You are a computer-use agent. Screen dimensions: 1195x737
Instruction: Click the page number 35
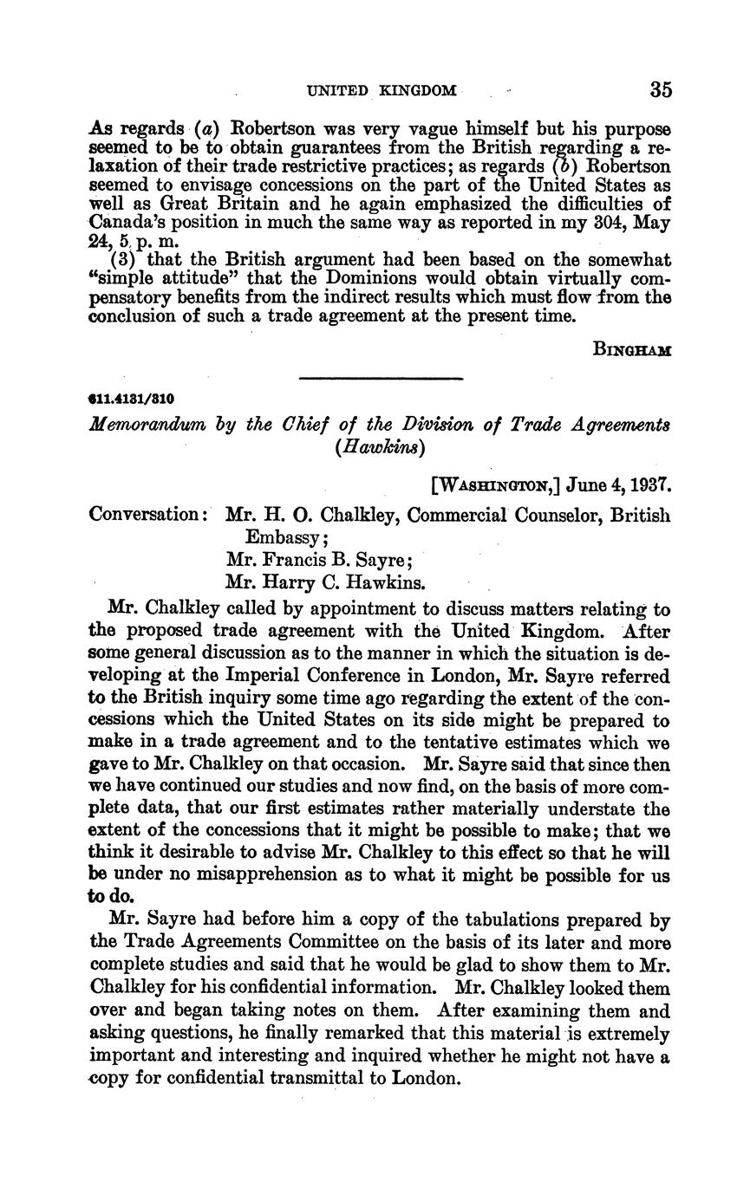click(x=660, y=90)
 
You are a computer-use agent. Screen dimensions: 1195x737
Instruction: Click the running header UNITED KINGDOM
click(x=382, y=90)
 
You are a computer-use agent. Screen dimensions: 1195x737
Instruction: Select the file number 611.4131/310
click(x=132, y=399)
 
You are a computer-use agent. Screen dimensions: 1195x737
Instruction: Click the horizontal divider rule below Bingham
click(x=381, y=378)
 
